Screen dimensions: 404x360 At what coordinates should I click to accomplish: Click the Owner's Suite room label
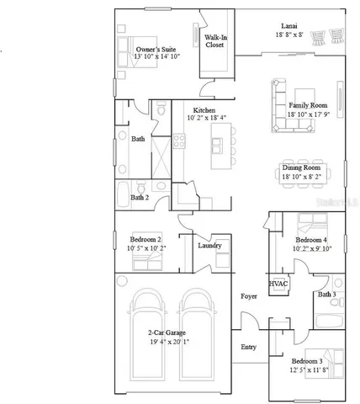point(155,50)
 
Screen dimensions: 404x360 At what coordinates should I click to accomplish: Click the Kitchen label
point(204,110)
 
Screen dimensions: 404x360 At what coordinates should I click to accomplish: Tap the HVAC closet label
point(278,284)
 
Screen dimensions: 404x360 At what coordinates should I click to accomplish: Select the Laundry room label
point(209,245)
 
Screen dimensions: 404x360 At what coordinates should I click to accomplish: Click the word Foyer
point(248,296)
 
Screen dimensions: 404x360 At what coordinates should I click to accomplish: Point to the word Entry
point(249,346)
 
